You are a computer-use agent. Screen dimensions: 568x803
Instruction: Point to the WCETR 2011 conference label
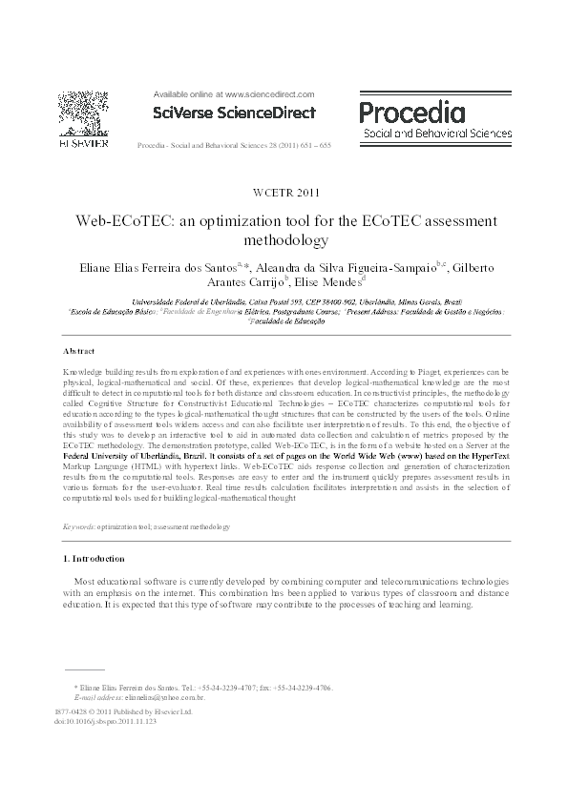(x=284, y=193)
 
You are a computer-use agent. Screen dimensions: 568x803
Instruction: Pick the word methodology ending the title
(x=284, y=239)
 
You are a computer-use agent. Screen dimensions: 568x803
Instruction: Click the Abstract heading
(x=79, y=351)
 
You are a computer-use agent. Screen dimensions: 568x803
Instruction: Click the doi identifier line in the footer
(x=106, y=722)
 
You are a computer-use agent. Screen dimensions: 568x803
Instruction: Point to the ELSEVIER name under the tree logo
(x=82, y=143)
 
